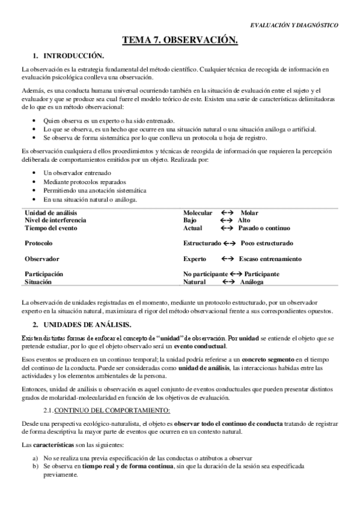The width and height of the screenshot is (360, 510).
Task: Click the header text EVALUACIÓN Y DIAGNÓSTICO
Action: click(294, 25)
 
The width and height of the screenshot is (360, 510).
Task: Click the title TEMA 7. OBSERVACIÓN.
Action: click(180, 40)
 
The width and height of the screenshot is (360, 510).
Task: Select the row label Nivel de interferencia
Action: click(55, 221)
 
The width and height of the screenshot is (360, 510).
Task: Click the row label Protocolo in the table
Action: click(38, 244)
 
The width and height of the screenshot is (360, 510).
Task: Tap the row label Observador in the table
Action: click(41, 259)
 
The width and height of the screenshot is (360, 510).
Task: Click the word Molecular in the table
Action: click(198, 213)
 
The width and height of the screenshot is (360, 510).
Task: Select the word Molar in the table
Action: click(249, 213)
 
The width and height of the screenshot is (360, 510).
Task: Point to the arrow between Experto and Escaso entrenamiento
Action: click(227, 259)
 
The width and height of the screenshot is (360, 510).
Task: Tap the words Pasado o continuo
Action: click(264, 229)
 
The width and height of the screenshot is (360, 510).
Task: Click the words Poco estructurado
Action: click(266, 244)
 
